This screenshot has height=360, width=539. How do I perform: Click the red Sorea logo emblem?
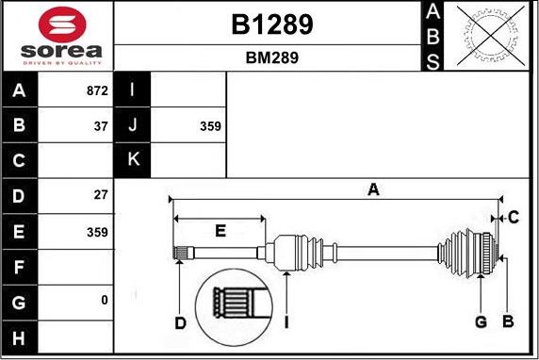[62, 25]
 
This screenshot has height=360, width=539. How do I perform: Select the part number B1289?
[272, 25]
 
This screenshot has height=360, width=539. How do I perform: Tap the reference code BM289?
[272, 57]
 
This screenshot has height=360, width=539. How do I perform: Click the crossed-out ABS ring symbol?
[491, 36]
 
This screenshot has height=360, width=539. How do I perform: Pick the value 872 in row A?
[97, 90]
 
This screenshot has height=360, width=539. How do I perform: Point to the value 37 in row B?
[101, 126]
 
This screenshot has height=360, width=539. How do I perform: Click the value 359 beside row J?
[210, 126]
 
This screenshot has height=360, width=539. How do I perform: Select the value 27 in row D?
[101, 195]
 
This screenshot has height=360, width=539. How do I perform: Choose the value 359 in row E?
[97, 232]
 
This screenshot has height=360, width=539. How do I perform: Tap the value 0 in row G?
[105, 301]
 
